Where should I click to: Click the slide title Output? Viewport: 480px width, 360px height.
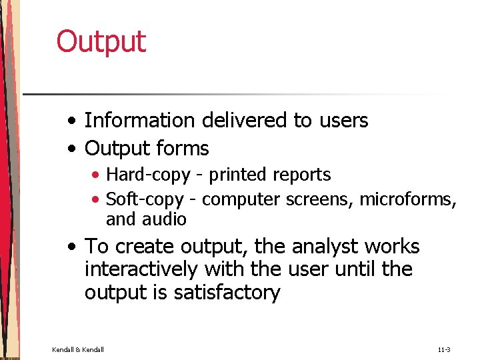click(x=101, y=42)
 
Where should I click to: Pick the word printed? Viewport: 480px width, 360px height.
click(x=239, y=175)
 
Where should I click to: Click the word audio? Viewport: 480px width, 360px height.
click(x=167, y=219)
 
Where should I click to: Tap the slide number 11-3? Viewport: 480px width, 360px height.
click(x=444, y=349)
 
